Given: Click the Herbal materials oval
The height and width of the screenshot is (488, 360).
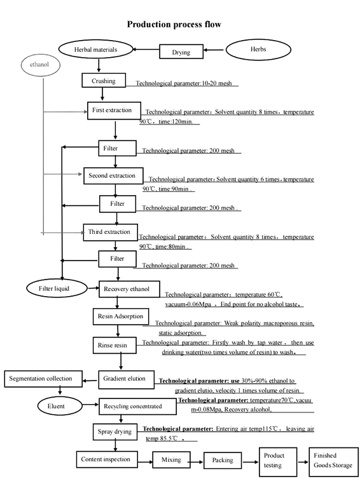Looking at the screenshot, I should [95, 48].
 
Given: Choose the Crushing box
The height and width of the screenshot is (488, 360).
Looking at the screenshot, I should [103, 81].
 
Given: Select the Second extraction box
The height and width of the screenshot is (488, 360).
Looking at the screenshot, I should [112, 175].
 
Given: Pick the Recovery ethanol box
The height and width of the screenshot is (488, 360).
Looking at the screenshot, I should [127, 289].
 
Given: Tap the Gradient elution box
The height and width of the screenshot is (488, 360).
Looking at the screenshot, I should [123, 379].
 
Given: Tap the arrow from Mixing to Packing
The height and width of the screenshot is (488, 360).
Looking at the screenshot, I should [193, 459].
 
